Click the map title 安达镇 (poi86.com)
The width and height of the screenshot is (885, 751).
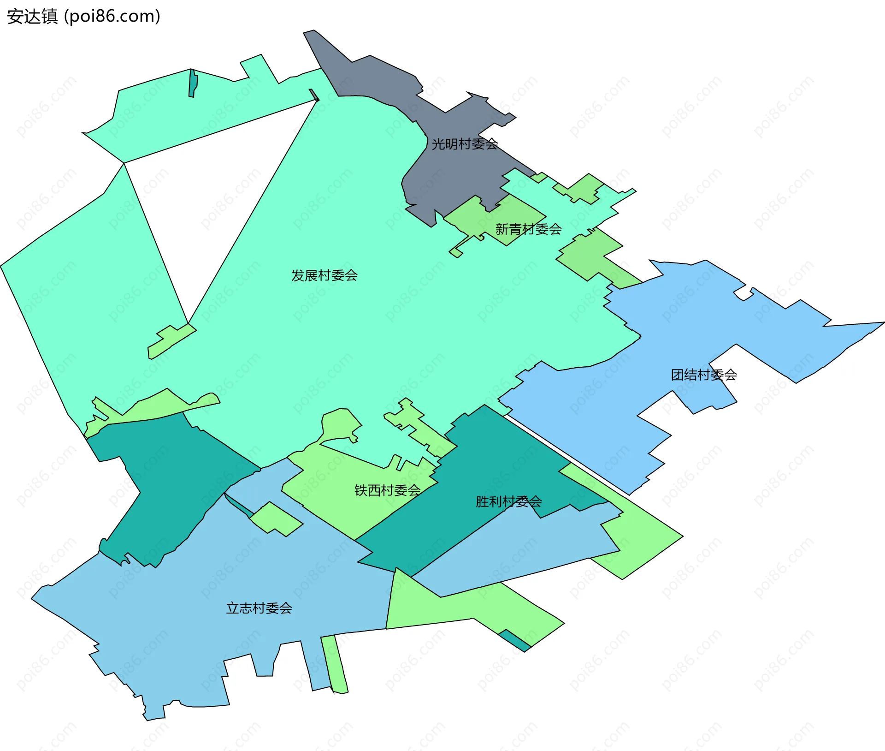[83, 16]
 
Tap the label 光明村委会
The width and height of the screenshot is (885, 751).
[464, 144]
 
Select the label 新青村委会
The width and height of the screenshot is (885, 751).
[528, 229]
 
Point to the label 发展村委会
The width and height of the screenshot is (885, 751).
[324, 275]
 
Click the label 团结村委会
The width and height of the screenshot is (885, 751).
[703, 375]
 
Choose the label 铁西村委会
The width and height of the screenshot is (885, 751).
[387, 490]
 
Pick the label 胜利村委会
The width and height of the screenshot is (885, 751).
[508, 501]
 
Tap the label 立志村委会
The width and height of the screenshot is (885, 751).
[259, 608]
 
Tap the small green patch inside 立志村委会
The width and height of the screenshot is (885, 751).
[277, 519]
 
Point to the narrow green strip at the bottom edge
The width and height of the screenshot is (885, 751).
[336, 664]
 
